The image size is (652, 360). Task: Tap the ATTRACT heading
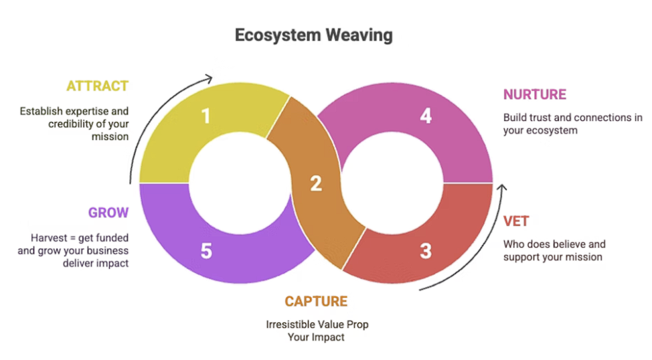tap(97, 86)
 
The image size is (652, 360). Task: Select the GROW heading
tap(108, 213)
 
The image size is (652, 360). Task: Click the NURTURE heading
tap(535, 94)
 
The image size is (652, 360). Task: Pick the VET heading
tap(515, 221)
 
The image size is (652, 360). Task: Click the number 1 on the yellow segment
tap(206, 116)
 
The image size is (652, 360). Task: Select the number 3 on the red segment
tap(425, 252)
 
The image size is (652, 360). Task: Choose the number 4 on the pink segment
tap(425, 116)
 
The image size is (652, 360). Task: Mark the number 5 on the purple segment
tap(206, 252)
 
